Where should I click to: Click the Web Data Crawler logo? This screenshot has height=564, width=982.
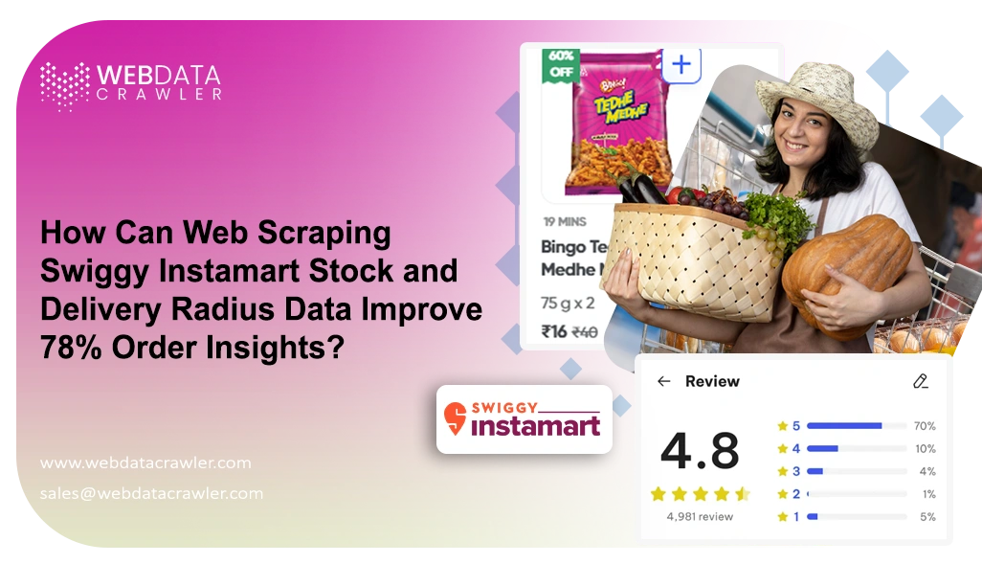(x=131, y=84)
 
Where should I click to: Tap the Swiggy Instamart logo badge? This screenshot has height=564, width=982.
(x=524, y=418)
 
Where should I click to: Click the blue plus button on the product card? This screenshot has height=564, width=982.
(x=681, y=65)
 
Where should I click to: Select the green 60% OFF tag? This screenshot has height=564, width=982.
(x=561, y=64)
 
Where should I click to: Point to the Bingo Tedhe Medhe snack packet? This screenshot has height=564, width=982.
(x=617, y=122)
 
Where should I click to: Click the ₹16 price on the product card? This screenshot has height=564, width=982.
(x=554, y=331)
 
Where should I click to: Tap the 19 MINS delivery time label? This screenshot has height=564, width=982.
(x=564, y=222)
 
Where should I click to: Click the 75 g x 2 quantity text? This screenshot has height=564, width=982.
(x=567, y=303)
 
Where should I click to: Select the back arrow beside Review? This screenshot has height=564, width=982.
(x=663, y=381)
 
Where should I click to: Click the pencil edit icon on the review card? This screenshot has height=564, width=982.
(x=921, y=381)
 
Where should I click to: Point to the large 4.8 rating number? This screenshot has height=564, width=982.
(x=700, y=450)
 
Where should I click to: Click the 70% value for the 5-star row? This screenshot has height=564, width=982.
(x=925, y=425)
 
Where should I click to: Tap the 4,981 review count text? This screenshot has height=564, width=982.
(x=700, y=516)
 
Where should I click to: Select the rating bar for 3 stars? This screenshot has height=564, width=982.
(x=857, y=471)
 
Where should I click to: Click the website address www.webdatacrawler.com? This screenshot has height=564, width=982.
(x=145, y=462)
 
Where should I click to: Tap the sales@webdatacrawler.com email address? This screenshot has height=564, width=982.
(x=151, y=493)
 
